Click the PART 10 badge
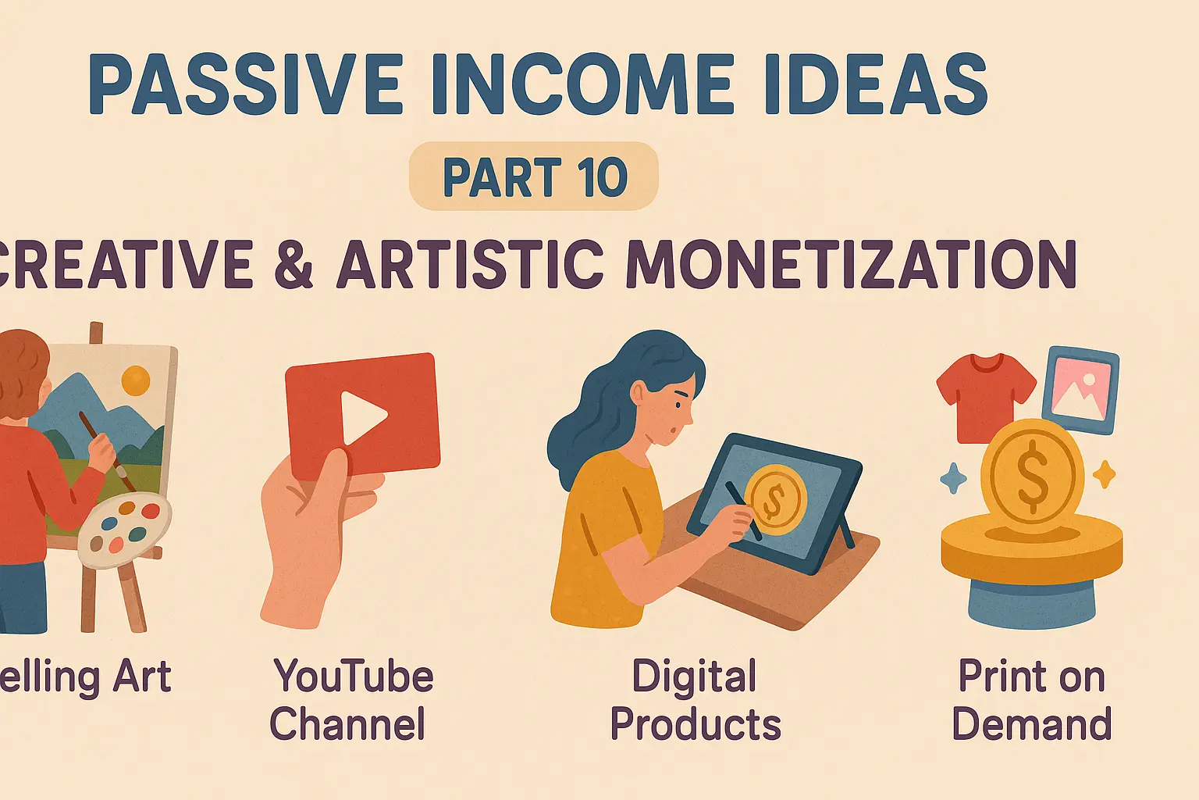click(x=534, y=177)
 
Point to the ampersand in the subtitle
click(x=294, y=264)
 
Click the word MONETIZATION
click(x=851, y=264)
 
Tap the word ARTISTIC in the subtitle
click(x=471, y=264)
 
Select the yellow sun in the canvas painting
click(x=136, y=380)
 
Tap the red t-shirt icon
click(x=985, y=395)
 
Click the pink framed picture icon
click(x=1080, y=389)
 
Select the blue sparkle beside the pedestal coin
click(x=953, y=477)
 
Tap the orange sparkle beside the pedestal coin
click(x=1104, y=473)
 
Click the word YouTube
click(x=354, y=677)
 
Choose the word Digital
click(x=694, y=677)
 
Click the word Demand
click(x=1031, y=724)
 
